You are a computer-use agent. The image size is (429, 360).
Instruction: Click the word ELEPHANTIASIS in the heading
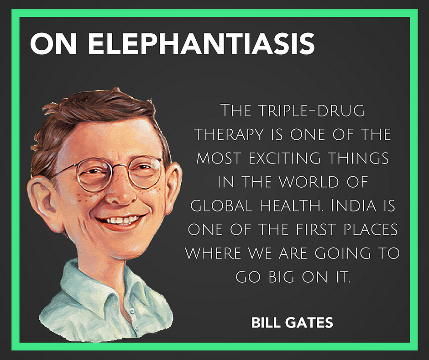click(x=201, y=44)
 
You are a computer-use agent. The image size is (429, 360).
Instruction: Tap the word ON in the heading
click(x=53, y=44)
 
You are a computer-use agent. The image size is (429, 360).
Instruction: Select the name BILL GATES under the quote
click(x=292, y=322)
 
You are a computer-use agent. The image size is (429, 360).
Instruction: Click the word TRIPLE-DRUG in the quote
click(x=311, y=111)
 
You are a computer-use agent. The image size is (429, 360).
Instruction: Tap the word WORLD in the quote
click(x=309, y=182)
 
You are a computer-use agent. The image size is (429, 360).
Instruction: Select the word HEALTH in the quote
click(x=292, y=205)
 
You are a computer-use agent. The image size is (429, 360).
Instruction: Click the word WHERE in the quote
click(x=213, y=253)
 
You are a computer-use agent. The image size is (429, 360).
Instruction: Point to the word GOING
click(x=343, y=253)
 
